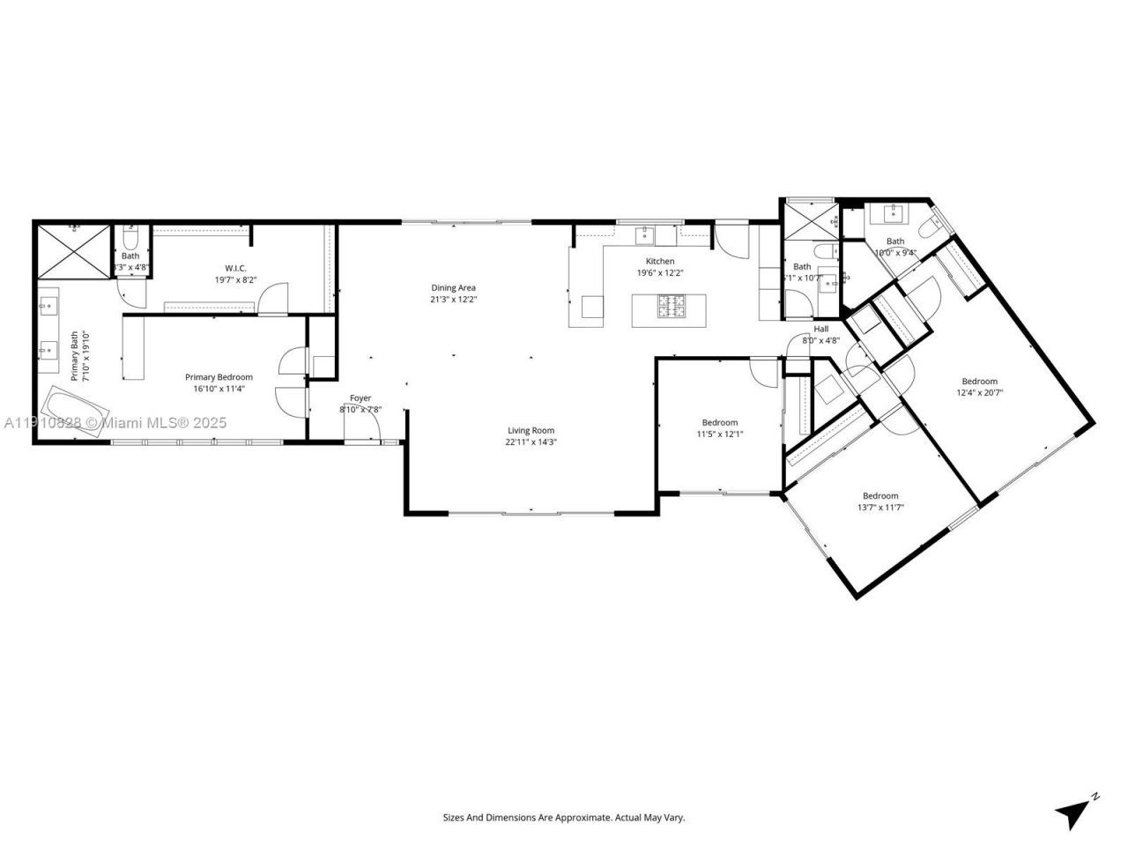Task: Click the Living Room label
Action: point(530,430)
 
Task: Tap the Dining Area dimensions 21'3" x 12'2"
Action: point(453,300)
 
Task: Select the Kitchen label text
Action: point(660,261)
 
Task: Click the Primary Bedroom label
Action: point(219,377)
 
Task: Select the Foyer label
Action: point(360,398)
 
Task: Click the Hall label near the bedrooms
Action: point(820,329)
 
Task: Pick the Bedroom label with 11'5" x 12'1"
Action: point(719,422)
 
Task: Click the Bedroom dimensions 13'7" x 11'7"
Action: point(880,508)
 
